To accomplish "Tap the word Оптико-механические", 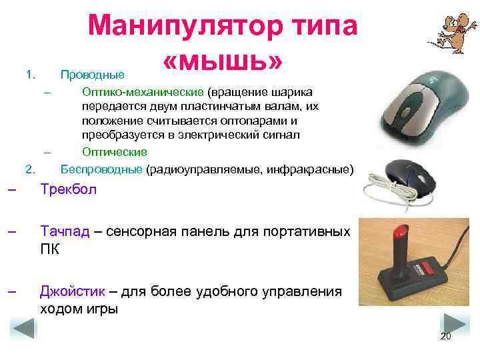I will [x=143, y=91].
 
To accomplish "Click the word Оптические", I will [x=114, y=153].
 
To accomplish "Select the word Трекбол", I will [x=68, y=190].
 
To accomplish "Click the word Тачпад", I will [x=65, y=233].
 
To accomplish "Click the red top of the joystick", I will [x=401, y=233].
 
